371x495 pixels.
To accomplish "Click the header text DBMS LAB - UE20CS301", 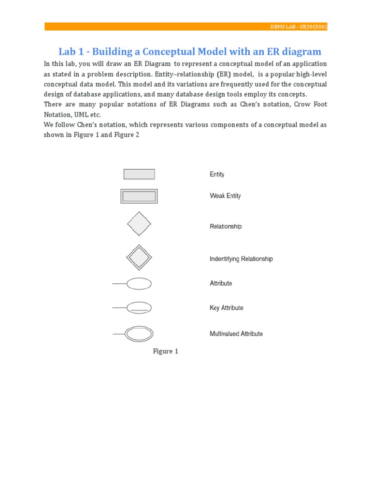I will pos(299,27).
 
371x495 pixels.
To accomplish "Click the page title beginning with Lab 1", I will pos(189,52).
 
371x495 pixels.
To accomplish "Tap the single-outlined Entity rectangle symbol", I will pos(139,174).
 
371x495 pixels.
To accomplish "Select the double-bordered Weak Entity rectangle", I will pos(139,196).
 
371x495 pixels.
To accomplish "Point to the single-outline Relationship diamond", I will pos(139,224).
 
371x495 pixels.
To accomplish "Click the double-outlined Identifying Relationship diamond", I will pos(139,257).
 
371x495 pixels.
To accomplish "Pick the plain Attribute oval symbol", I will pos(139,283).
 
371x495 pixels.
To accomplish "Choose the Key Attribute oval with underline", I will pos(139,307).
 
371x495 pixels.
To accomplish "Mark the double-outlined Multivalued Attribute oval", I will pos(139,334).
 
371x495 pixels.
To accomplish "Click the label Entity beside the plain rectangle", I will pos(217,175).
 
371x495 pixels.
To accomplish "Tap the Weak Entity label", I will pos(225,196).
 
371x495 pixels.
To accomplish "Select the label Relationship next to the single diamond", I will pos(226,226).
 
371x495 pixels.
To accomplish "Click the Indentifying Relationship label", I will pos(241,259).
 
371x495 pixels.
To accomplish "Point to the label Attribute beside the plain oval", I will pos(221,283).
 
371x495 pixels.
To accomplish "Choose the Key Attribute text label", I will pos(227,308).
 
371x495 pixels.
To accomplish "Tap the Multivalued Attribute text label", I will pos(236,334).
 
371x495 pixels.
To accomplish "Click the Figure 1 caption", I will pos(166,351).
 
